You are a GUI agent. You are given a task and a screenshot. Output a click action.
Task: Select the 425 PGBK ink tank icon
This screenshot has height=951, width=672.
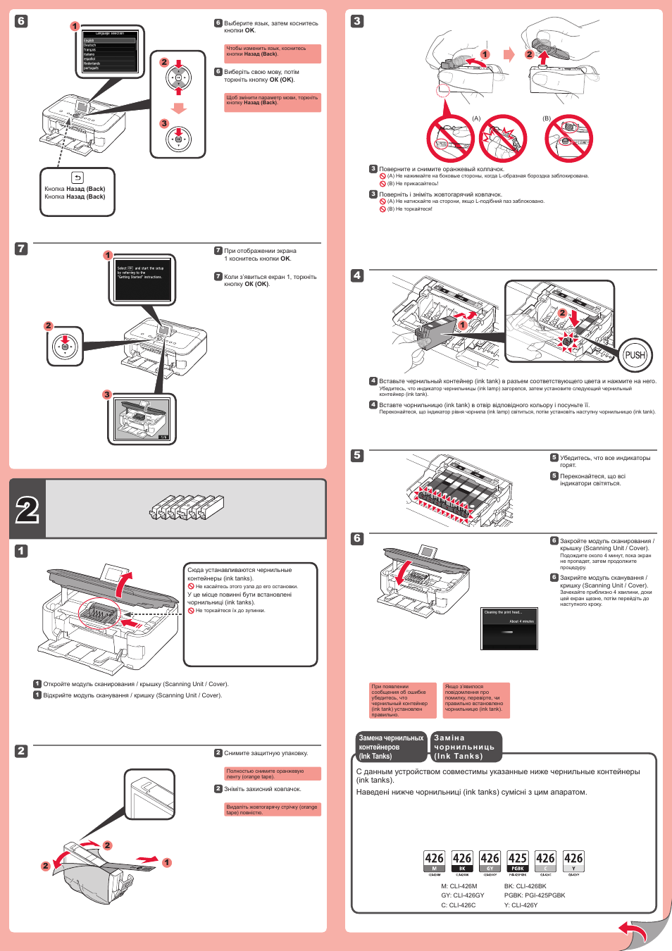point(518,862)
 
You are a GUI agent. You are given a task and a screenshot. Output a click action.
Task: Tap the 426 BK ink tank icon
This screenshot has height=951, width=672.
point(462,862)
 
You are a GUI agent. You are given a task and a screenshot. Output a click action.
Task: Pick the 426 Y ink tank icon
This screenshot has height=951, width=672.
point(573,862)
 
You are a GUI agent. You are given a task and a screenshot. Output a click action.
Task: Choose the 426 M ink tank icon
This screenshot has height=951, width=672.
point(434,862)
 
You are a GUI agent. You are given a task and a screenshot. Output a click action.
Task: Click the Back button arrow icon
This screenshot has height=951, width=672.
point(77,178)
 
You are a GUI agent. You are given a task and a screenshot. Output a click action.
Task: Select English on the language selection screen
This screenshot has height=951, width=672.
point(89,40)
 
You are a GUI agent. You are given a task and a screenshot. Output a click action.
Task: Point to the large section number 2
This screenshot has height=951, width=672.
point(27,509)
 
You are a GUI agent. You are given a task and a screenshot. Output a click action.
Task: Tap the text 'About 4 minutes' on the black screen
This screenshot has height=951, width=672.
point(521,621)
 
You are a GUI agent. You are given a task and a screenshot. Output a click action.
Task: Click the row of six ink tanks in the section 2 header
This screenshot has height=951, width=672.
point(187,506)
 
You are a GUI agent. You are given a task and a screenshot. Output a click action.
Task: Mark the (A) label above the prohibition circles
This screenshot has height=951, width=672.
point(476,118)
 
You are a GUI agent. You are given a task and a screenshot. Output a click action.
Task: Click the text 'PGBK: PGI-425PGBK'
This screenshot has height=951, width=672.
point(535,895)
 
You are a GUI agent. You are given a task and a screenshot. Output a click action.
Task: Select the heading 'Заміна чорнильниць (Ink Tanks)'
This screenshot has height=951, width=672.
point(466,747)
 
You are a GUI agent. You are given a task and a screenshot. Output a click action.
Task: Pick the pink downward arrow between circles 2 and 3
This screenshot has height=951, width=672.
point(179,108)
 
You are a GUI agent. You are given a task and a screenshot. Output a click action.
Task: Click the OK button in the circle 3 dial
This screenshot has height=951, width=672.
point(179,139)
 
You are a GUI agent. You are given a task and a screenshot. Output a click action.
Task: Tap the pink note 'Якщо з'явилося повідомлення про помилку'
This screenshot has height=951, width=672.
point(476,699)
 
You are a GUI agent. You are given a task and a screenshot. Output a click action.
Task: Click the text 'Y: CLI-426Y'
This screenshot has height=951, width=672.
point(521,905)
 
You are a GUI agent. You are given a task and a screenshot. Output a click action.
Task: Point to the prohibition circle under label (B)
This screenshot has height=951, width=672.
point(568,139)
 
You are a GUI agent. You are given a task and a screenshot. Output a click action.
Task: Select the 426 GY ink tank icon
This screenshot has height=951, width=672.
point(490,862)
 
